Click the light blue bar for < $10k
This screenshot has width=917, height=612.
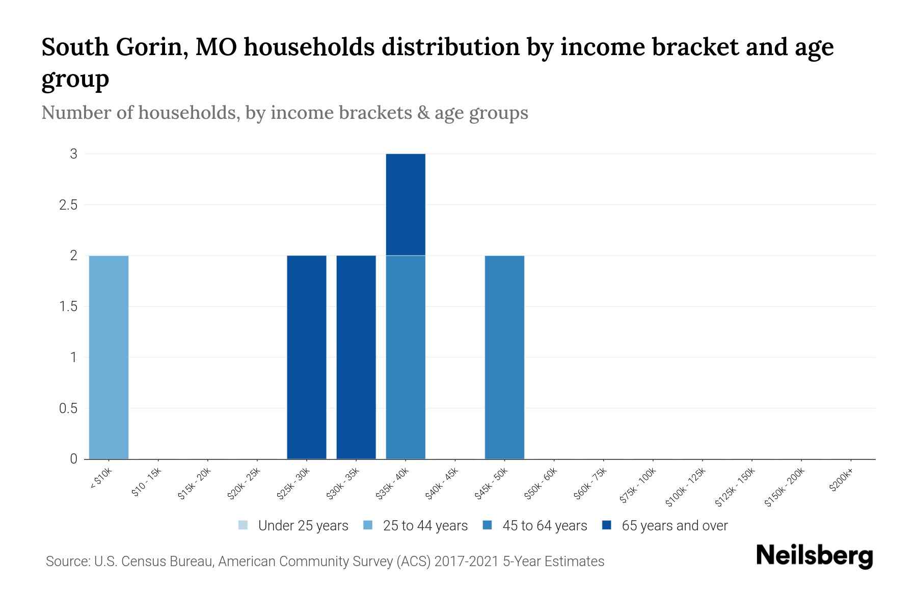coord(109,357)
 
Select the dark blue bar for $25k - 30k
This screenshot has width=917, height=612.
coord(307,357)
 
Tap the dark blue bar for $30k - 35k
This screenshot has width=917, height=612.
coord(356,357)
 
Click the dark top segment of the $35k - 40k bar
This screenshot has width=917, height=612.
coord(406,204)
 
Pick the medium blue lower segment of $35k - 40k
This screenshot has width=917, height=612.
coord(406,357)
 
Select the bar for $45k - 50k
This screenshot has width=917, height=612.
coord(504,357)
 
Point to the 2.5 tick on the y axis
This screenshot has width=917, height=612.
coord(68,205)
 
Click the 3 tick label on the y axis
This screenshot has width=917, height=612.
coord(74,154)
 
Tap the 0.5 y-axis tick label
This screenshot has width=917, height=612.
coord(68,409)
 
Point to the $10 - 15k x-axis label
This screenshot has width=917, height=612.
coord(146,482)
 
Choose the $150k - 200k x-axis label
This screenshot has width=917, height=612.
coord(785,487)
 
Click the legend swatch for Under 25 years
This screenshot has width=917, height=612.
coord(244,525)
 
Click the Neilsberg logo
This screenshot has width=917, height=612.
coord(814,556)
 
